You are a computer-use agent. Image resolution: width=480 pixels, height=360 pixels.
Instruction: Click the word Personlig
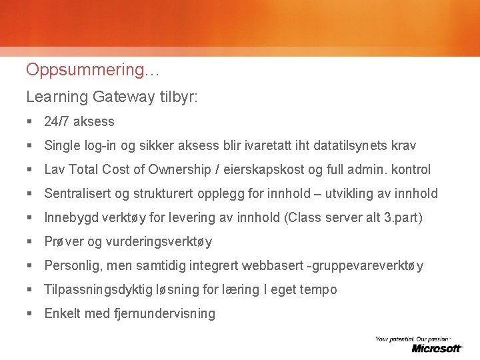(x=71, y=265)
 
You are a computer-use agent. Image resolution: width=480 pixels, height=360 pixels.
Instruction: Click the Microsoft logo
(x=436, y=348)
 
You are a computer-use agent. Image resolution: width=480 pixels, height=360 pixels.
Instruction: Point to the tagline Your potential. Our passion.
(x=413, y=339)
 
